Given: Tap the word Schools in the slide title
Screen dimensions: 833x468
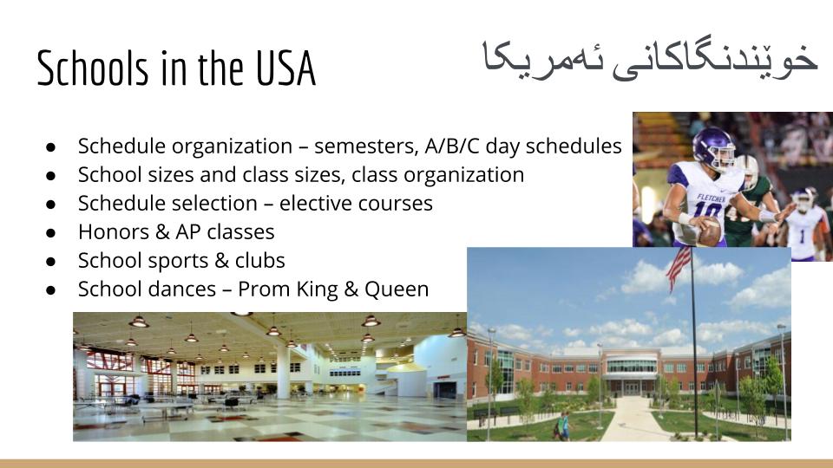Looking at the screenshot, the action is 93,68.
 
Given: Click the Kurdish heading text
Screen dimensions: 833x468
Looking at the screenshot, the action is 649,60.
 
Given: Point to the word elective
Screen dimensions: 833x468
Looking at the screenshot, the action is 310,203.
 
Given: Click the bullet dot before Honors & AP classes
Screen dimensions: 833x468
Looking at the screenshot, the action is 51,232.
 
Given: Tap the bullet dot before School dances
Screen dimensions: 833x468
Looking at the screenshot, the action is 51,289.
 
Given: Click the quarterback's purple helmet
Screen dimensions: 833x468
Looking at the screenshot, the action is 714,146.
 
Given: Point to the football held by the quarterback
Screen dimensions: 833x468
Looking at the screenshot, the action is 709,231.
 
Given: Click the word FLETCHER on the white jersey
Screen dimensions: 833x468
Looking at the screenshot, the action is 711,198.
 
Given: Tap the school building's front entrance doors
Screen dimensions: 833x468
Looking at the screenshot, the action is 632,388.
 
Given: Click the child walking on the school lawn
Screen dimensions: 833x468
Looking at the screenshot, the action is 561,426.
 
